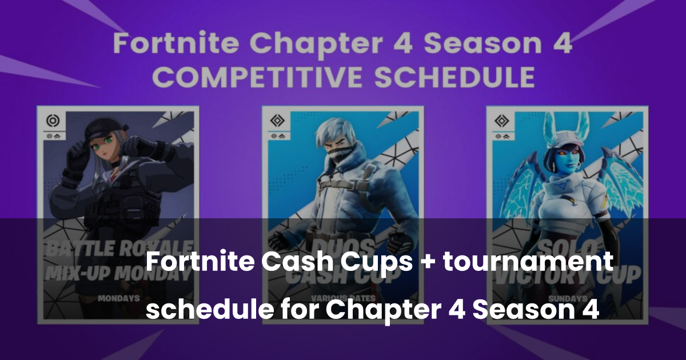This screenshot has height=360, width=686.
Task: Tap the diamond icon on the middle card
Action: coord(278,122)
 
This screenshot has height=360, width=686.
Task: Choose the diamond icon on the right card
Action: coord(502,122)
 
